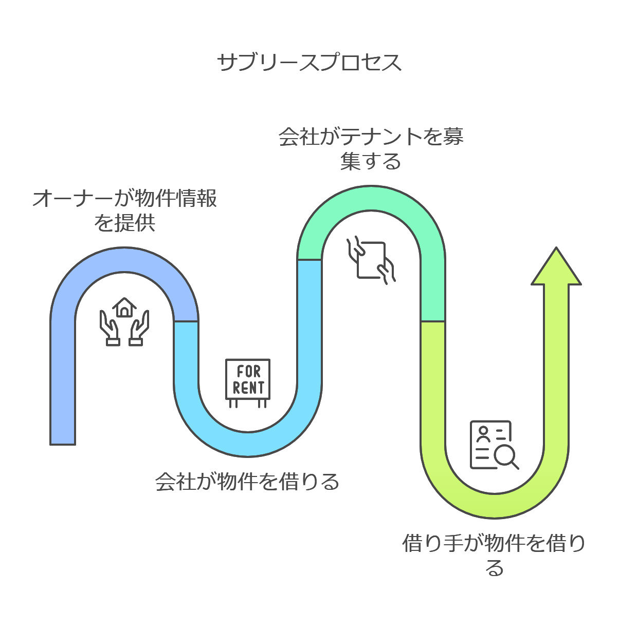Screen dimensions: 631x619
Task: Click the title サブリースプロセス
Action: point(309,62)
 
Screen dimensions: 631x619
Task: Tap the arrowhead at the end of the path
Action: point(556,268)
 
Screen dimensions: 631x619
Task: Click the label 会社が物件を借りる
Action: point(247,482)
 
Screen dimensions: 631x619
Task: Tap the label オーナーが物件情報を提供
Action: point(124,211)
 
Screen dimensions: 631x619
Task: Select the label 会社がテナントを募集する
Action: point(371,149)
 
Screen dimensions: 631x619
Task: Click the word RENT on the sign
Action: point(248,388)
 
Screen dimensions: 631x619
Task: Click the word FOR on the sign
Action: point(248,371)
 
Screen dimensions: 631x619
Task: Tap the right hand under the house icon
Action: point(139,329)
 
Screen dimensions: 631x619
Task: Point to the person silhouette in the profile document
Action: point(483,434)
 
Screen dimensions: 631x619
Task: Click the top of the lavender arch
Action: point(124,260)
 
